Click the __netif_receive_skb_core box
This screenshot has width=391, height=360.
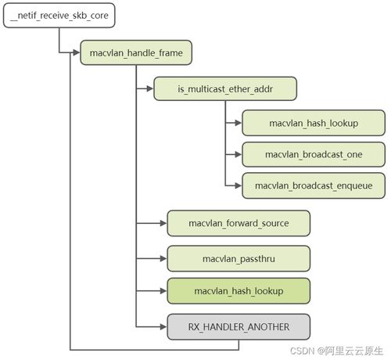53,15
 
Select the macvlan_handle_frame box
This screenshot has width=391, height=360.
135,52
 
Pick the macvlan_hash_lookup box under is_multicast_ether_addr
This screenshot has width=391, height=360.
314,122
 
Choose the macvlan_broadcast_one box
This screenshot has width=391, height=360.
314,153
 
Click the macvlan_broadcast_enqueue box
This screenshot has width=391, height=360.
314,185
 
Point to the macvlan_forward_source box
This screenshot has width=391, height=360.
239,223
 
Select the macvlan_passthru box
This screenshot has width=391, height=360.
239,257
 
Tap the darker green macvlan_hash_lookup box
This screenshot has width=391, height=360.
239,291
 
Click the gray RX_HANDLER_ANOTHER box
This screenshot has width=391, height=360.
239,326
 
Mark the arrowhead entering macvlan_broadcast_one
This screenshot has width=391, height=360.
238,153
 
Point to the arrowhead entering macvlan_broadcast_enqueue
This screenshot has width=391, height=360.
238,185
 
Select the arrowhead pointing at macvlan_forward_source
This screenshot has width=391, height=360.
163,223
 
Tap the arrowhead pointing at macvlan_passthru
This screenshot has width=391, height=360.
163,257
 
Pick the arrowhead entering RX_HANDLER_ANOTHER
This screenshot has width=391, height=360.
163,326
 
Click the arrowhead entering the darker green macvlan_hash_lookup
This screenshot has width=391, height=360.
163,291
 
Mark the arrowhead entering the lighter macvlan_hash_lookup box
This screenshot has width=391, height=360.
238,122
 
